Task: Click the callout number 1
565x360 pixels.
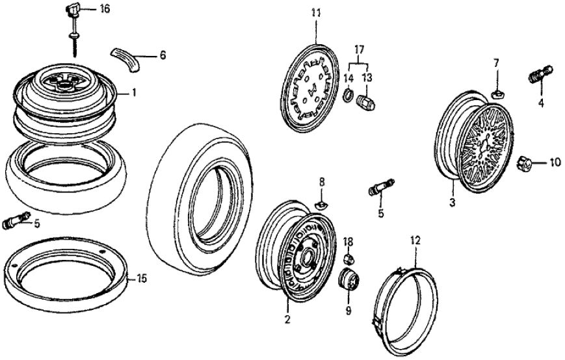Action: [133, 93]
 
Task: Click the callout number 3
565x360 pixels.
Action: [451, 201]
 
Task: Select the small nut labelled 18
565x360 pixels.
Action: [348, 258]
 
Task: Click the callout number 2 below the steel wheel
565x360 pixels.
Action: [285, 318]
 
